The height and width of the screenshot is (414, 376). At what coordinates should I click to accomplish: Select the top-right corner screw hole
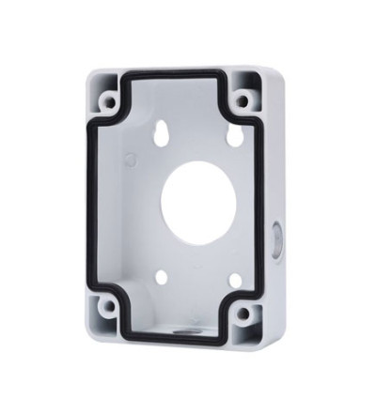coord(243,100)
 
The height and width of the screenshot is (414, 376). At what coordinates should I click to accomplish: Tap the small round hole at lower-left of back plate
coord(162,278)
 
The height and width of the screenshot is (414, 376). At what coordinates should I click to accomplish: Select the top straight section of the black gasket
coord(179,74)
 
